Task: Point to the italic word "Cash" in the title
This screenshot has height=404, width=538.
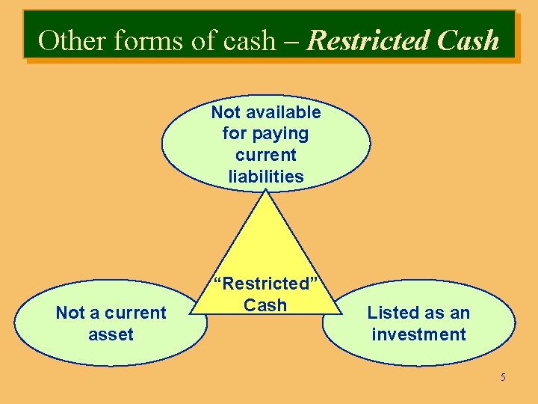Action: (x=468, y=40)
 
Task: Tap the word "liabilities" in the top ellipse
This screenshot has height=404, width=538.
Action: (x=266, y=177)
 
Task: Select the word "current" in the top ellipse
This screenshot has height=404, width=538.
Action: (x=266, y=155)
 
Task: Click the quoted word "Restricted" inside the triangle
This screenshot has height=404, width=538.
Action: (x=266, y=284)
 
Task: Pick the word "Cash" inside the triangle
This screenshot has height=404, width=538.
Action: (x=265, y=304)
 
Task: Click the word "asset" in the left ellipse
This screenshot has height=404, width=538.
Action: (x=111, y=334)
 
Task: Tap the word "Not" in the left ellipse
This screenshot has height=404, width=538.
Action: (x=70, y=313)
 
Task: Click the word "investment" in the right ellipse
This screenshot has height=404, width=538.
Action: (x=418, y=334)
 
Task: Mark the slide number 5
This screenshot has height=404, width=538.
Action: (x=503, y=377)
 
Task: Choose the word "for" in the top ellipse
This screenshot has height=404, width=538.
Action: (x=235, y=134)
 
